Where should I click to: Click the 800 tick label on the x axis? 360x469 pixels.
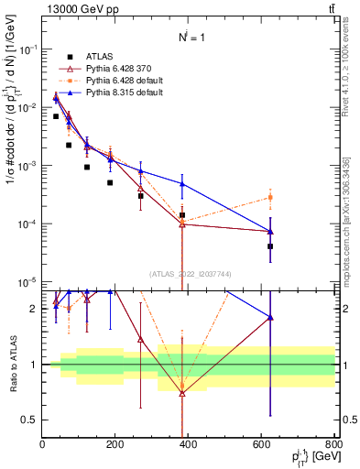click(333, 446)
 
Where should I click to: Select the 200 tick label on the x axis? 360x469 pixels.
click(115, 446)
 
